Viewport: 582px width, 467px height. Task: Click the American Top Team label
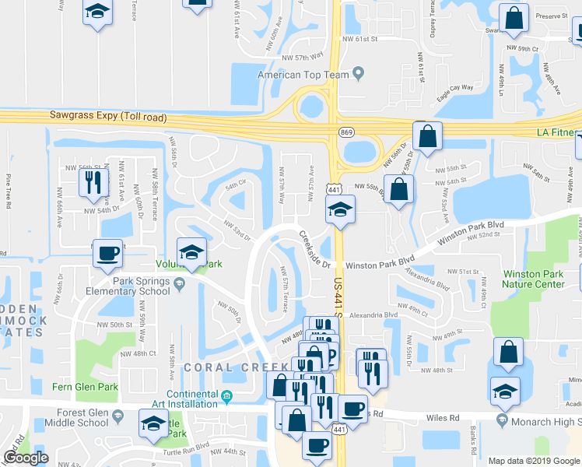tap(305, 74)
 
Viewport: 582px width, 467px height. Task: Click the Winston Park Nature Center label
tap(533, 279)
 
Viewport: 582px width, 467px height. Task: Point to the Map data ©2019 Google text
tap(534, 461)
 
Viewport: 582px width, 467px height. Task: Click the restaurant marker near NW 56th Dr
tap(91, 181)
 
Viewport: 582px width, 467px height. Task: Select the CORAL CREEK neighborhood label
tap(226, 367)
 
